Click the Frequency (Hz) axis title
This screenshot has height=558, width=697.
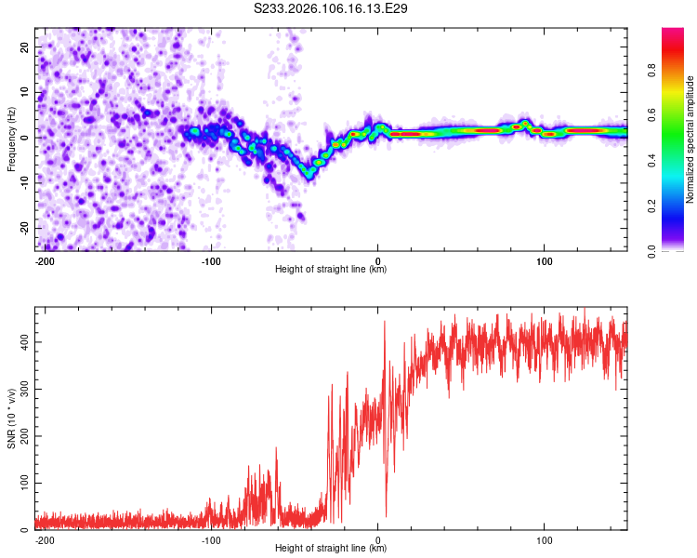pyautogui.click(x=11, y=139)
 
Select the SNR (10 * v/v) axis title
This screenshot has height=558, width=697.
pyautogui.click(x=11, y=418)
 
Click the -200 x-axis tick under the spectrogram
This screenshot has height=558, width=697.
pyautogui.click(x=44, y=260)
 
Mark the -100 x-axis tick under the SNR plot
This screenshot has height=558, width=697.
pyautogui.click(x=211, y=539)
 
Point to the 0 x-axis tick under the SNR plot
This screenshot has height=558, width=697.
pyautogui.click(x=377, y=539)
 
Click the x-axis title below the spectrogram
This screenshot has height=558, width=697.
pyautogui.click(x=331, y=270)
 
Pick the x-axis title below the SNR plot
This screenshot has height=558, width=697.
pyautogui.click(x=331, y=549)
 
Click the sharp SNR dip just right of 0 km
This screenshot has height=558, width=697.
pyautogui.click(x=386, y=513)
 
